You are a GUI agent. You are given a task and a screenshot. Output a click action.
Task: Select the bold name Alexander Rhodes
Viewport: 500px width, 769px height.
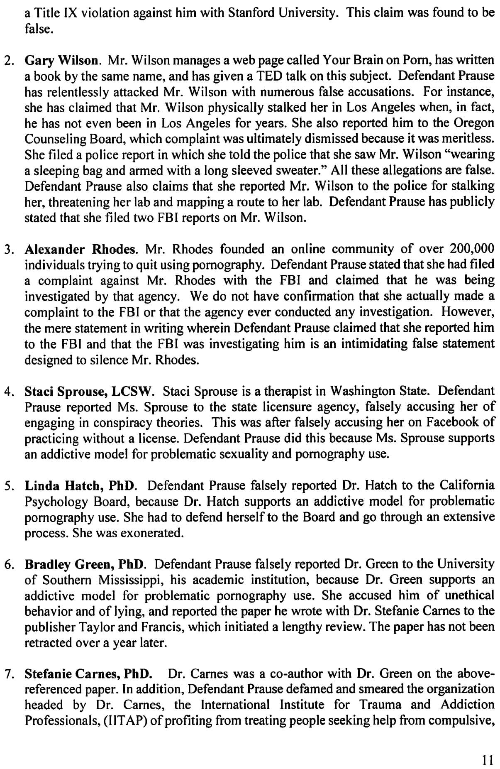pos(80,249)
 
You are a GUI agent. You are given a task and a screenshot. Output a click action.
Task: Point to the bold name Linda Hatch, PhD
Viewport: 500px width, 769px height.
pos(80,485)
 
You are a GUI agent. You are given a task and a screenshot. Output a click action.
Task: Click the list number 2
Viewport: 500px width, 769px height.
pos(8,61)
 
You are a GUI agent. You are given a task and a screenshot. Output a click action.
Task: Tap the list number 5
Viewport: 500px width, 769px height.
pos(8,486)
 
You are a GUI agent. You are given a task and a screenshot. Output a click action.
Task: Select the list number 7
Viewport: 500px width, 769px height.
pos(8,674)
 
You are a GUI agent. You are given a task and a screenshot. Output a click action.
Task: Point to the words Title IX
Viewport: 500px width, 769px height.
pos(54,13)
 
